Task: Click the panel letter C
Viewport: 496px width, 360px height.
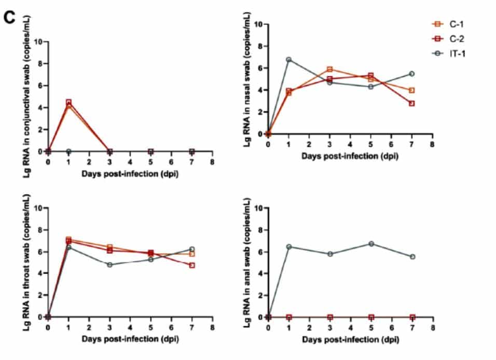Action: tap(9, 17)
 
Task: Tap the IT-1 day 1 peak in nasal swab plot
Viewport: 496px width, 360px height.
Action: tap(288, 60)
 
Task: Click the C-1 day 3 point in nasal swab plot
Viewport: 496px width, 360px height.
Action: tap(329, 69)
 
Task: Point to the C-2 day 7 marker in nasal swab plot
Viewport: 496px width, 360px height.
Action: tap(411, 103)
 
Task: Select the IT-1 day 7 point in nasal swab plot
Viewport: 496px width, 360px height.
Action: tap(411, 74)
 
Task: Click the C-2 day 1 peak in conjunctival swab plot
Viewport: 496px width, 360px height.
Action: tap(68, 102)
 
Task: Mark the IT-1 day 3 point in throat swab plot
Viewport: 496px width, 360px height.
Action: tap(109, 265)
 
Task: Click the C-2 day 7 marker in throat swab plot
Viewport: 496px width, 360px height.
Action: tap(192, 265)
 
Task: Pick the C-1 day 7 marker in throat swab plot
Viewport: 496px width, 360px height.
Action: tap(192, 254)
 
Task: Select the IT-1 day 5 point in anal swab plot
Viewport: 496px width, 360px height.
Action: tap(370, 243)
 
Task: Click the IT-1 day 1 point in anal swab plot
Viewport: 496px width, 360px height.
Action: tap(288, 246)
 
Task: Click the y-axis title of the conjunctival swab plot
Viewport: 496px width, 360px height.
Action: tap(26, 96)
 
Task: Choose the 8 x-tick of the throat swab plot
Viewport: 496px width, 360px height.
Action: tap(212, 328)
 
